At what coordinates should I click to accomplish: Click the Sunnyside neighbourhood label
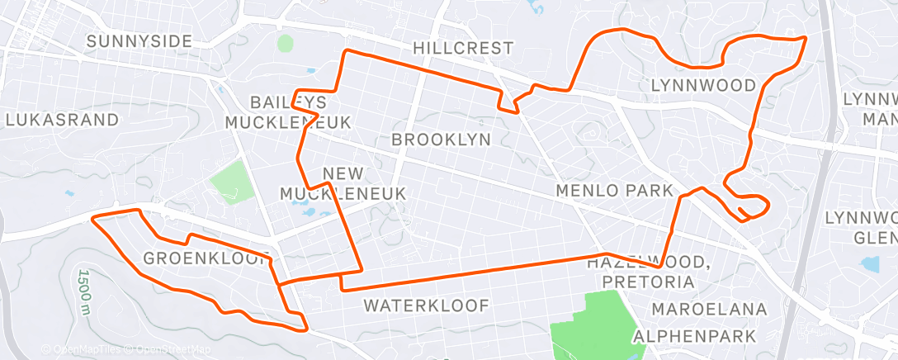(139, 40)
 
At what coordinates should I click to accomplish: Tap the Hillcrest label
(462, 48)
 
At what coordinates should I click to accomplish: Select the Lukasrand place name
(62, 120)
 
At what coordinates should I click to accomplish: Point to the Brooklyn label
(441, 140)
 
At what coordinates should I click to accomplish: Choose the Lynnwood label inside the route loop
(703, 85)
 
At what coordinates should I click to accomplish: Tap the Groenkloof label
(206, 258)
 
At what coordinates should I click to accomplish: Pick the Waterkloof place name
(427, 306)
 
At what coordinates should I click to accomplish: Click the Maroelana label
(709, 310)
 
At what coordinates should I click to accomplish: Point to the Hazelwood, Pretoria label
(650, 272)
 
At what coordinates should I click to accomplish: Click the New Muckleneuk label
(342, 183)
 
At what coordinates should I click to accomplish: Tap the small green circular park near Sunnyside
(286, 43)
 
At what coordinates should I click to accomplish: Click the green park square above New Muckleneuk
(232, 182)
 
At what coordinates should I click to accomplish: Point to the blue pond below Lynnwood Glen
(871, 265)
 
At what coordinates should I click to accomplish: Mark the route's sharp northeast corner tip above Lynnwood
(805, 37)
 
